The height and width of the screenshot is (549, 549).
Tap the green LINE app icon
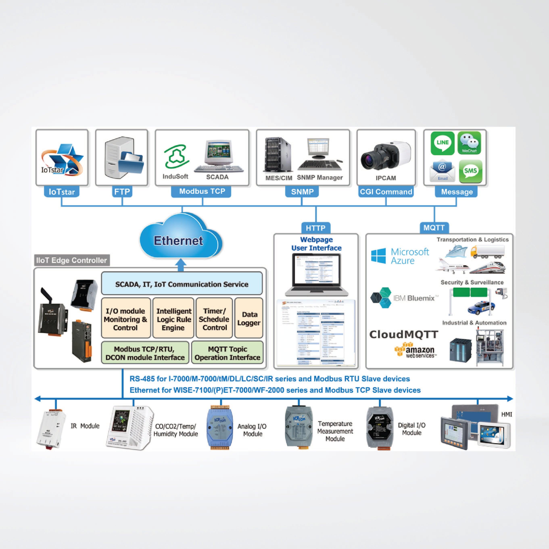pyautogui.click(x=442, y=143)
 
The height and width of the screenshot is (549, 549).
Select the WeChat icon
pyautogui.click(x=469, y=143)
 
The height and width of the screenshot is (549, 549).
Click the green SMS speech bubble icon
pyautogui.click(x=470, y=171)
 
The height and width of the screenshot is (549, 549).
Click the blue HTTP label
pyautogui.click(x=316, y=228)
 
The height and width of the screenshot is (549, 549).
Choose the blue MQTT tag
pyautogui.click(x=434, y=228)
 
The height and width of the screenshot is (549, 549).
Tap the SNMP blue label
pyautogui.click(x=302, y=192)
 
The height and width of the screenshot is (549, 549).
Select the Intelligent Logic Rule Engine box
pyautogui.click(x=173, y=319)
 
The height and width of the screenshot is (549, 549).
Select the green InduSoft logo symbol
pyautogui.click(x=175, y=156)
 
